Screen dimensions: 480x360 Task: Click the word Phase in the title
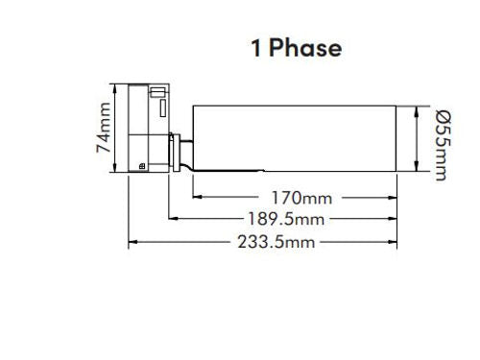tap(305, 49)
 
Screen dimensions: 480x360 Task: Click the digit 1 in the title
tap(256, 49)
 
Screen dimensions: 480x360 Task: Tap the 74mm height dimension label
tap(104, 128)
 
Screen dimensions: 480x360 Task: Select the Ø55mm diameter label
tap(444, 146)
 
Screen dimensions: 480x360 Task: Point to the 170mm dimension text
tap(301, 198)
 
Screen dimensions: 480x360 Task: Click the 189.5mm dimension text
tap(286, 220)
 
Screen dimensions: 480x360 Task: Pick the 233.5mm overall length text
tap(276, 242)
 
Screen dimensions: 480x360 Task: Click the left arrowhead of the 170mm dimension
tap(198, 197)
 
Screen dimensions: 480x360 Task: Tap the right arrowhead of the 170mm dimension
tap(393, 198)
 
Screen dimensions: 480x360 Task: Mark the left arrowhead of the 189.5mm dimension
tap(173, 219)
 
